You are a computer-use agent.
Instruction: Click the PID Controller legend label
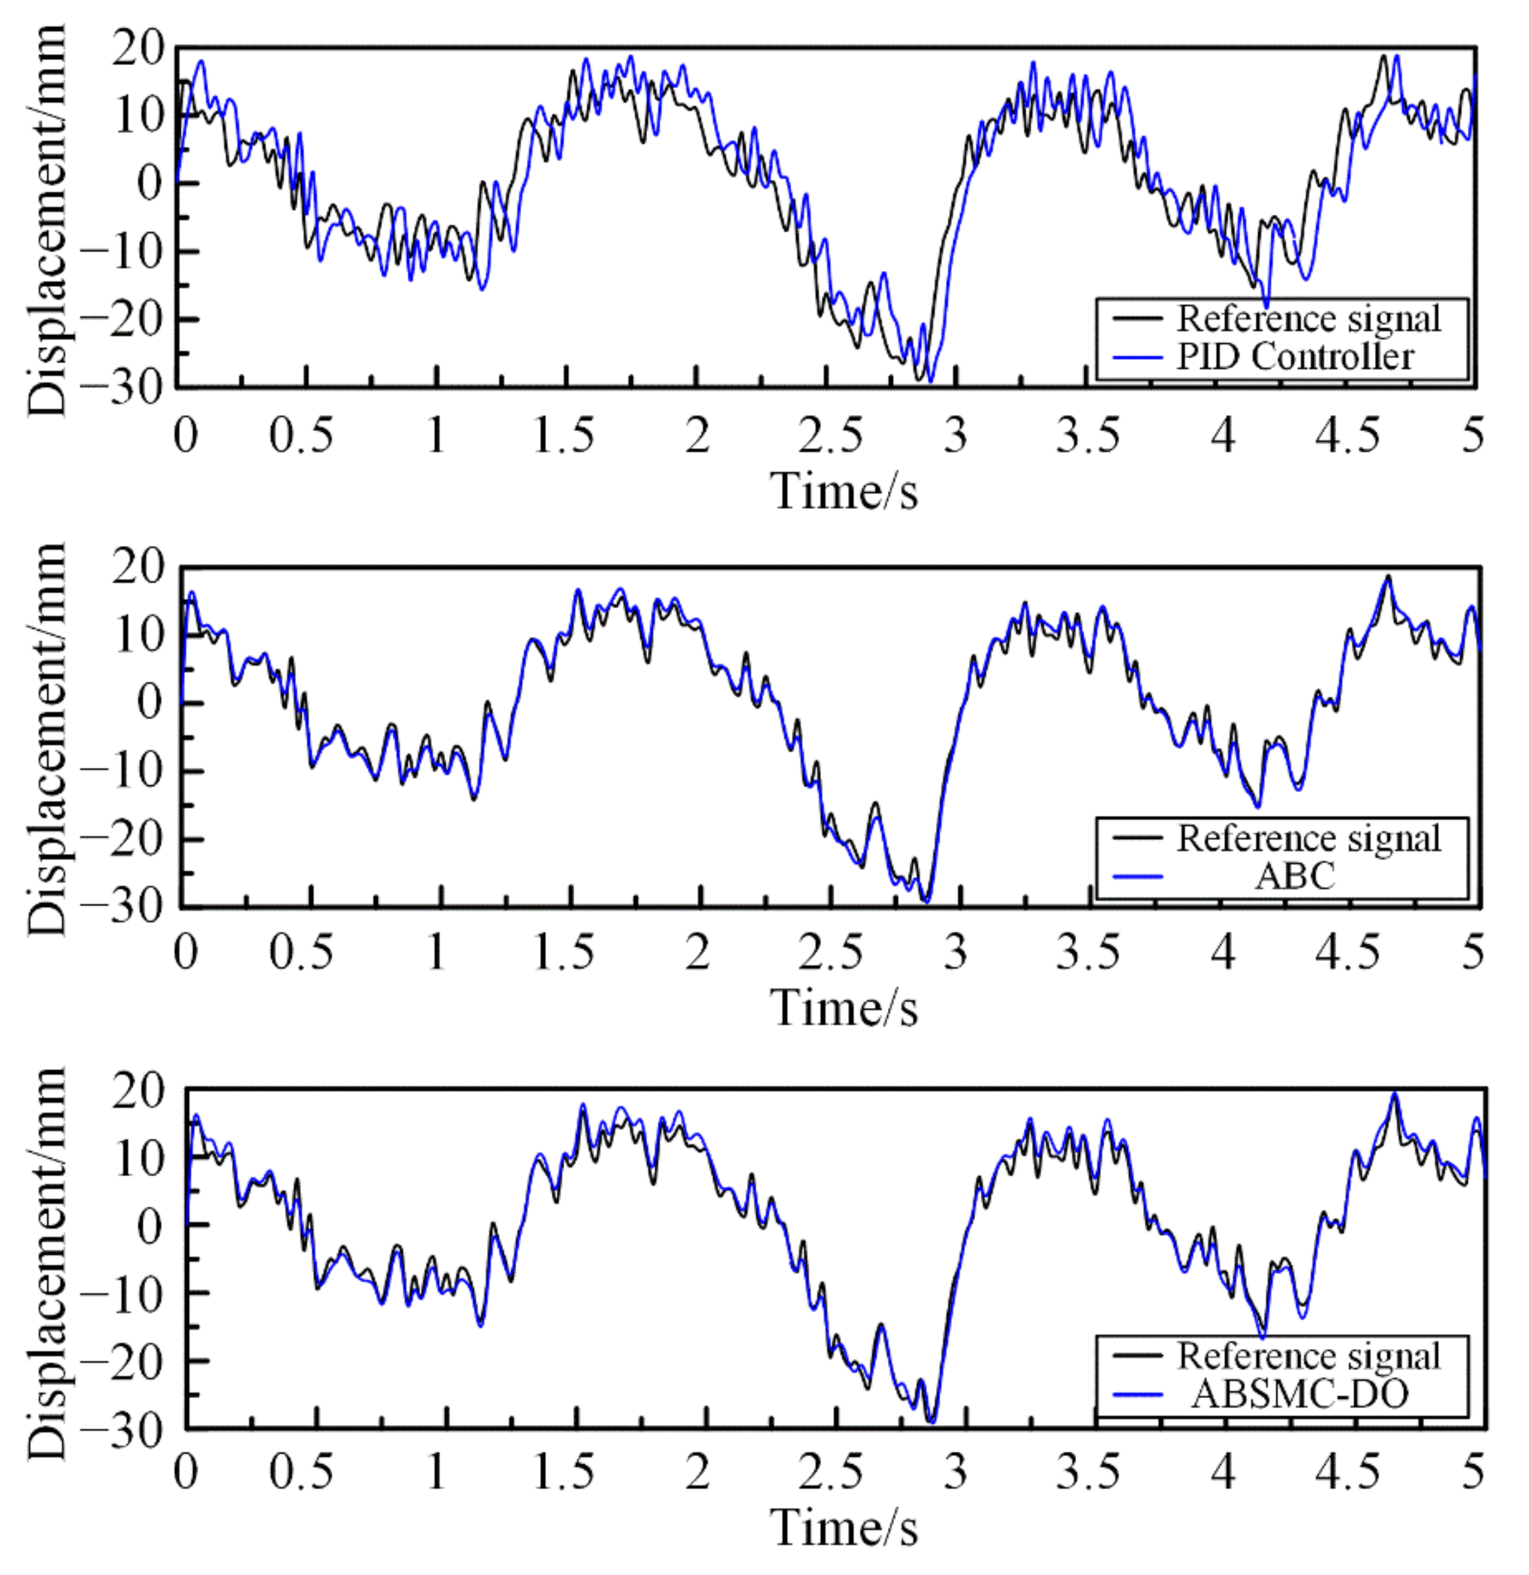[x=1295, y=357]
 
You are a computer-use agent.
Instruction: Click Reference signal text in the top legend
[x=1309, y=319]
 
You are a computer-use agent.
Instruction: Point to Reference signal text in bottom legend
[x=1309, y=1356]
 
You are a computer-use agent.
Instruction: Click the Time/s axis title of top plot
[x=844, y=490]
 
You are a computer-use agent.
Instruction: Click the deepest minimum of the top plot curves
[x=930, y=382]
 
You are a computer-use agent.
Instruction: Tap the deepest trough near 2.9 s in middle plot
[x=927, y=901]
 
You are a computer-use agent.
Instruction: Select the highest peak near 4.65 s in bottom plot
[x=1395, y=1094]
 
